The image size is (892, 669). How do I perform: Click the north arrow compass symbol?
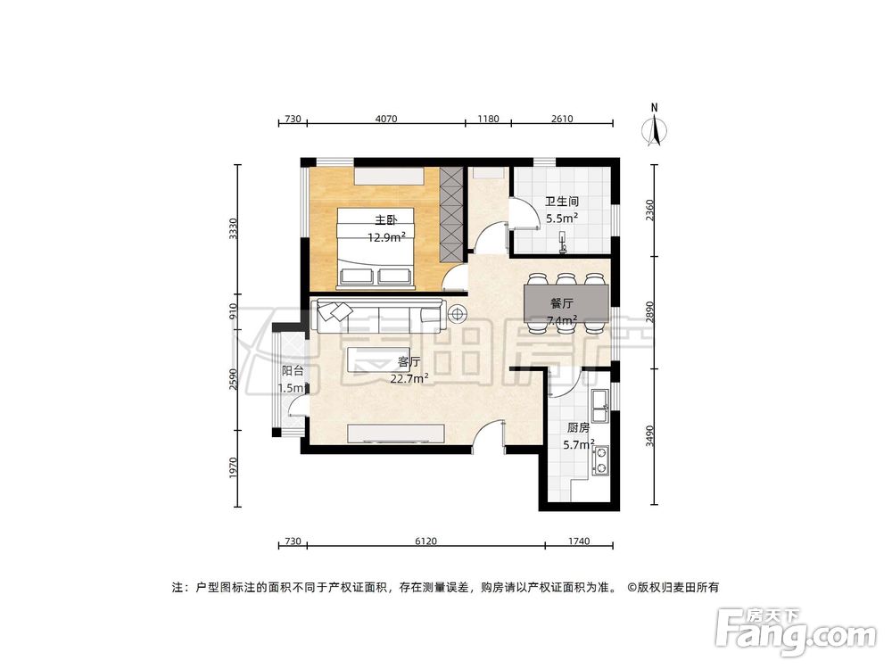click(656, 128)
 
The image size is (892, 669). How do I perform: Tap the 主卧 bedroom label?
click(385, 219)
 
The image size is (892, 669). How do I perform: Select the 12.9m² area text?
click(386, 237)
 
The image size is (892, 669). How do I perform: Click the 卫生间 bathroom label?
click(562, 202)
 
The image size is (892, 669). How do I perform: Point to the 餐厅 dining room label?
click(562, 304)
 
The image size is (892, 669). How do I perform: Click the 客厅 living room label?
click(409, 362)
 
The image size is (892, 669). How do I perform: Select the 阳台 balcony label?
click(293, 370)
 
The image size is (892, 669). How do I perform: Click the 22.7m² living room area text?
click(409, 378)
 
